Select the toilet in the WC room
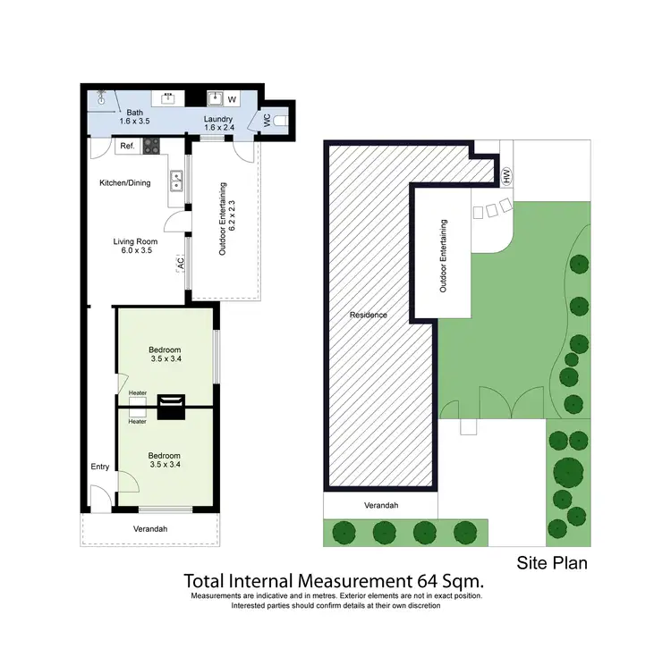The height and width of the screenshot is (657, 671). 280,119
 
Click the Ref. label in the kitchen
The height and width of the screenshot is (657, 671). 127,147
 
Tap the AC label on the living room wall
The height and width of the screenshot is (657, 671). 181,263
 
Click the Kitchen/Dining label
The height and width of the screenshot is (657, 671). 124,183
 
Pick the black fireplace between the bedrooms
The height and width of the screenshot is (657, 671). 170,407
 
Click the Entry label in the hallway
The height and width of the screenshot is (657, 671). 99,467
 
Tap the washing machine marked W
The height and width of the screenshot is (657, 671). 231,99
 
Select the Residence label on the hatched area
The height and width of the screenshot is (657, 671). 369,315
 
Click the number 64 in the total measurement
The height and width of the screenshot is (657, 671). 412,579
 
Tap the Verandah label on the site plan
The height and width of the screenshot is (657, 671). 380,505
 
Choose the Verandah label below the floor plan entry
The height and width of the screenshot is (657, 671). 149,528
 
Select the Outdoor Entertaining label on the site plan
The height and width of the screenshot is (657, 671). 442,257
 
